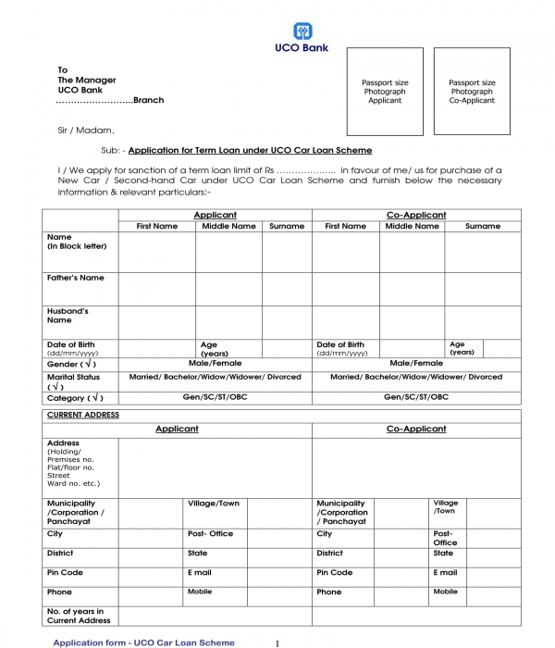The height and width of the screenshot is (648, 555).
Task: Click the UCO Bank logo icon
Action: pyautogui.click(x=302, y=31)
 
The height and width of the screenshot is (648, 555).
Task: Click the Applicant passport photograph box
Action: pyautogui.click(x=385, y=92)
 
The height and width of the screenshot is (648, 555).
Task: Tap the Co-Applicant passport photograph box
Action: pyautogui.click(x=472, y=92)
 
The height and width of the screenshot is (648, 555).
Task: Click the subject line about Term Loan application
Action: pyautogui.click(x=250, y=150)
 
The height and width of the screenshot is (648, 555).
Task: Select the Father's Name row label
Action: pyautogui.click(x=76, y=278)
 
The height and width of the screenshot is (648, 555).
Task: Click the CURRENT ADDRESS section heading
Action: pyautogui.click(x=83, y=415)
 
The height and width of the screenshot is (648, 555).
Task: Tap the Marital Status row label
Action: pyautogui.click(x=73, y=381)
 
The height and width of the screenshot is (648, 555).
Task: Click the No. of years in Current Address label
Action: pyautogui.click(x=78, y=616)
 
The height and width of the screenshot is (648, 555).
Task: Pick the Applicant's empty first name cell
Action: pyautogui.click(x=156, y=252)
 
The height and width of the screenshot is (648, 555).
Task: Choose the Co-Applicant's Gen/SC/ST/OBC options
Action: pyautogui.click(x=415, y=396)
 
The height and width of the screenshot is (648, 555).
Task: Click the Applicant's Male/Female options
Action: pyautogui.click(x=215, y=363)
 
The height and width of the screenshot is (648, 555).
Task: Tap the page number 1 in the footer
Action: pyautogui.click(x=277, y=642)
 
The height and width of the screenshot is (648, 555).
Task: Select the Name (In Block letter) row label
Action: pyautogui.click(x=77, y=242)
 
